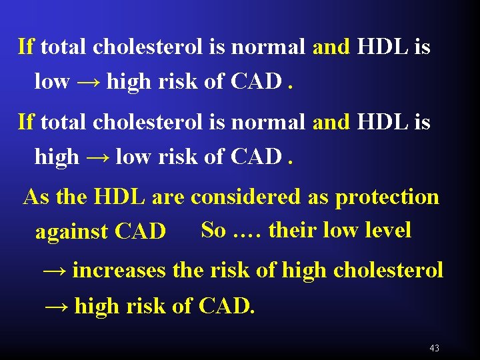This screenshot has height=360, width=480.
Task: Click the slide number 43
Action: [435, 348]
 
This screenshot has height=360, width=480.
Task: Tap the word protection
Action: [387, 197]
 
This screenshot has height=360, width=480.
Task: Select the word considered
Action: [247, 197]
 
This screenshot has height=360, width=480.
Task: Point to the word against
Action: [72, 232]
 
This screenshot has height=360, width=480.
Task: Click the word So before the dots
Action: [213, 230]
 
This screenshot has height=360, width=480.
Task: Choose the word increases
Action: [119, 271]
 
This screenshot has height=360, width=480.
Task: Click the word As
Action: [36, 197]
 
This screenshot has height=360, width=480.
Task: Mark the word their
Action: [293, 230]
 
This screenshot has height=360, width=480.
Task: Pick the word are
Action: [169, 198]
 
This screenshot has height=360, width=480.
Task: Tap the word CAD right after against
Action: [141, 232]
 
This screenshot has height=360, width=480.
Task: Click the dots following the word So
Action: [247, 232]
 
